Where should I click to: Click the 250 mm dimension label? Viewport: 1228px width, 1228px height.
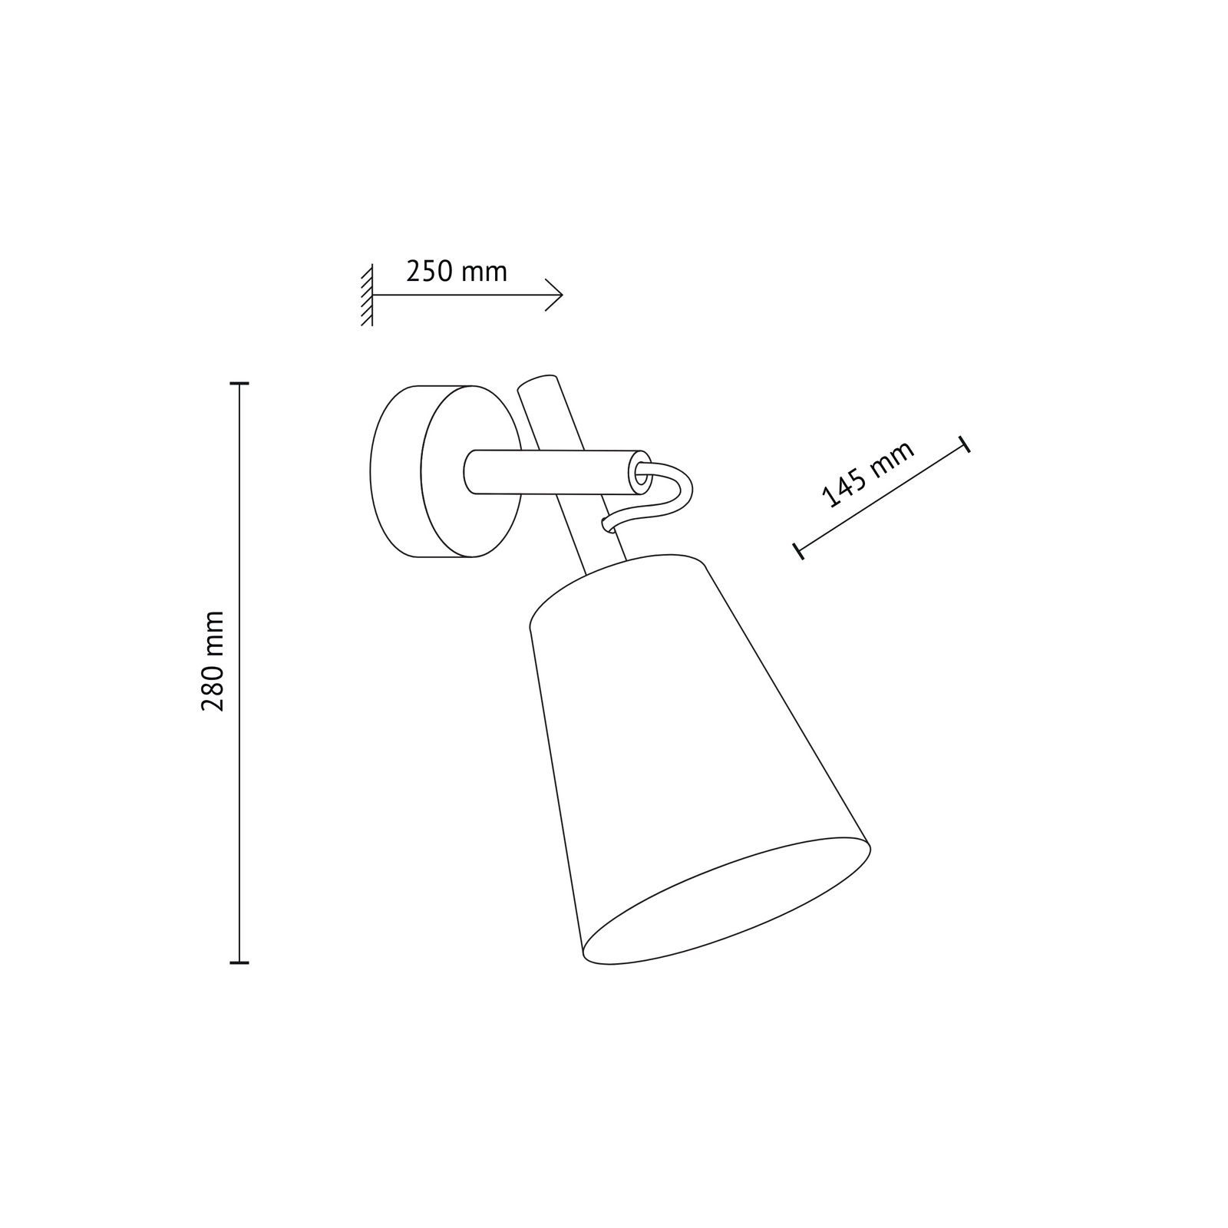point(457,272)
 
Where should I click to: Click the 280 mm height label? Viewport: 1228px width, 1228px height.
point(213,661)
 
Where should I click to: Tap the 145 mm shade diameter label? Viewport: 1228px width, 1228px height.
point(868,475)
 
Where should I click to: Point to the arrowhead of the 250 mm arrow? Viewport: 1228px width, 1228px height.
point(554,295)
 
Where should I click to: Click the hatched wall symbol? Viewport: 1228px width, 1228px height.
point(367,295)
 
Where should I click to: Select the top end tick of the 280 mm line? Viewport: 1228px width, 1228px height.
point(239,383)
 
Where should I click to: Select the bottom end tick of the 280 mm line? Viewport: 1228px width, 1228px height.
point(239,962)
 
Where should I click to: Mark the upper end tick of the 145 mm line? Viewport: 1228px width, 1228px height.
point(965,444)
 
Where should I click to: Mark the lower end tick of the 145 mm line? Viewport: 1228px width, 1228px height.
point(799,550)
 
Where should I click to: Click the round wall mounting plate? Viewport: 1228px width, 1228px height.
point(446,471)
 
